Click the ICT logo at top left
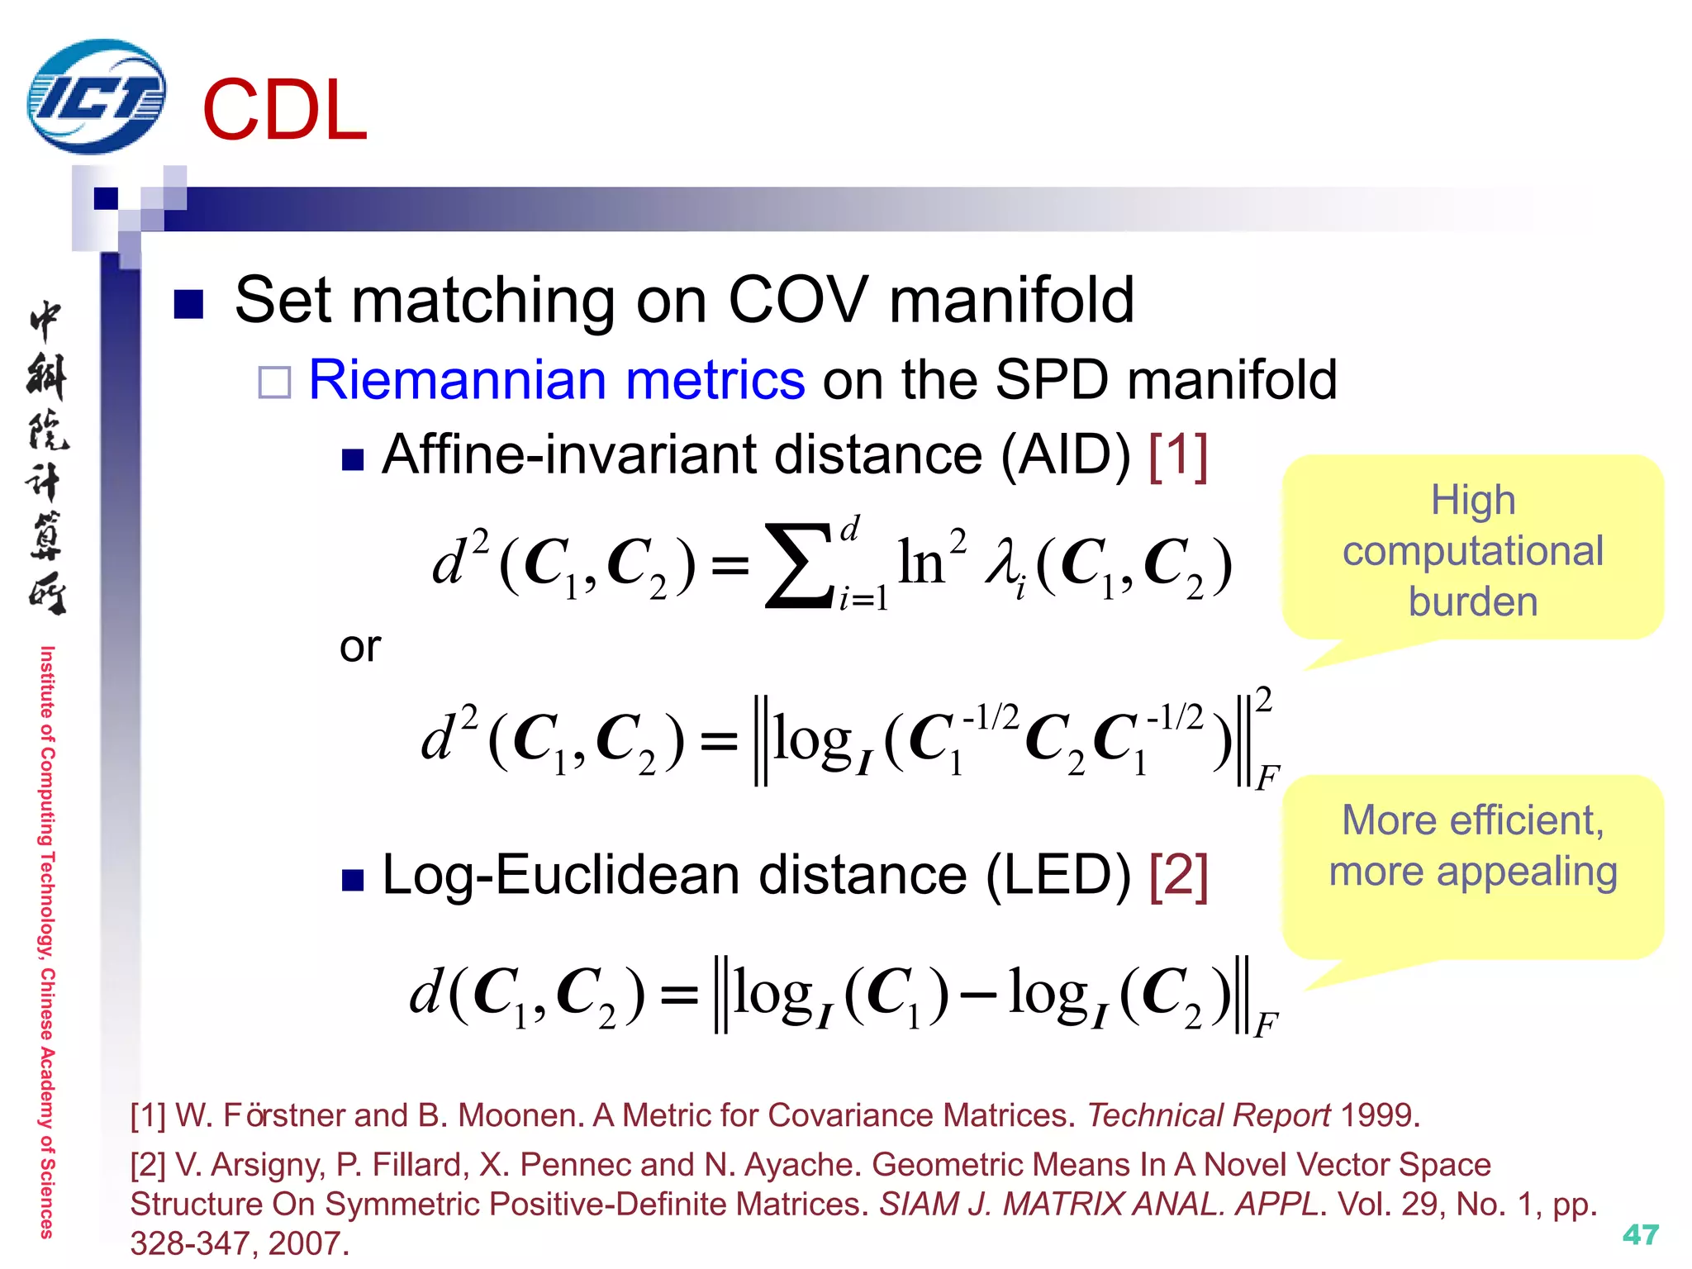(96, 97)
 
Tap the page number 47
(1640, 1234)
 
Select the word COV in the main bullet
(798, 299)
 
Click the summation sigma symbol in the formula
(799, 565)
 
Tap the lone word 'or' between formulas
(360, 646)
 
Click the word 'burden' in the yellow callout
(1473, 601)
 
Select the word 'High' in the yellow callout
(1473, 500)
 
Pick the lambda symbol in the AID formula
(1001, 565)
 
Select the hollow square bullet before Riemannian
(274, 383)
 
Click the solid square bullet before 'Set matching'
(188, 303)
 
